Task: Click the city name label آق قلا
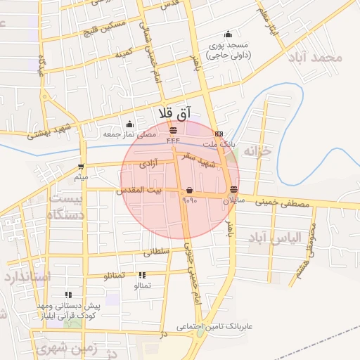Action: [176, 113]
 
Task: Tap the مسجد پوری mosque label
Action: [227, 44]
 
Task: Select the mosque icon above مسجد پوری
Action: [227, 34]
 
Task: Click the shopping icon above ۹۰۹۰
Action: [190, 191]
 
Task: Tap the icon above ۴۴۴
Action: [174, 131]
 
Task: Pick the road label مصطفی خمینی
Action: [281, 204]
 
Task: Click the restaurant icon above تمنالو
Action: [142, 276]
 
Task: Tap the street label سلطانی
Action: [156, 250]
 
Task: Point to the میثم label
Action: [82, 176]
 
